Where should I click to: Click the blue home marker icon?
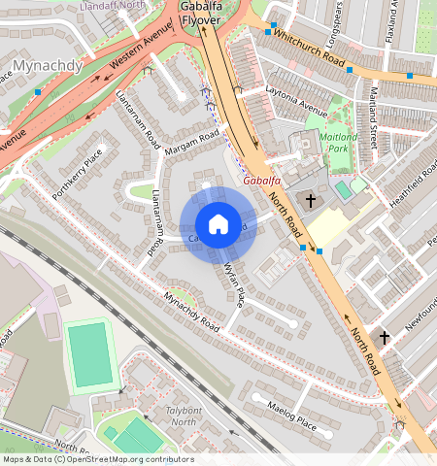pyautogui.click(x=218, y=224)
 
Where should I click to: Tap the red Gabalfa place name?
pyautogui.click(x=263, y=181)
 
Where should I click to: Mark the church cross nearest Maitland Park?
pyautogui.click(x=311, y=201)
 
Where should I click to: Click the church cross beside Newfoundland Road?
pyautogui.click(x=385, y=338)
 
